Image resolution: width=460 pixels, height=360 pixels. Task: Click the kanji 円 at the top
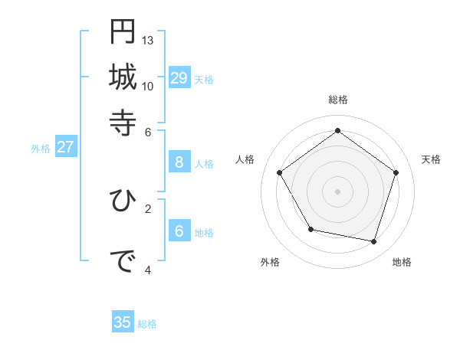point(123,31)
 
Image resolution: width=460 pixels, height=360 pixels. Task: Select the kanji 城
point(123,77)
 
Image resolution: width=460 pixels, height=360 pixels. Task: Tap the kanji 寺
point(123,122)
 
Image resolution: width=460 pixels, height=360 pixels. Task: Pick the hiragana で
point(123,261)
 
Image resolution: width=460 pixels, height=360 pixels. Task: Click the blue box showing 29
point(179,77)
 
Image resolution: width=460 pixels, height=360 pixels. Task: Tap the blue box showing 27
point(65,147)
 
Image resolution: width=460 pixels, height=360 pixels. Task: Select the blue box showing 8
point(179,162)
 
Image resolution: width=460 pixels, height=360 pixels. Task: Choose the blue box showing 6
point(179,231)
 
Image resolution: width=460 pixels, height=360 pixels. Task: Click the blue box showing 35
point(123,322)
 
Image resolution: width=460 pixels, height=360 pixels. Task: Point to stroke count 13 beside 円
point(148,39)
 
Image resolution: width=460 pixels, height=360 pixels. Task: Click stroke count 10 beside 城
point(148,85)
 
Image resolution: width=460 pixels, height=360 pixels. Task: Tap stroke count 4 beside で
point(148,270)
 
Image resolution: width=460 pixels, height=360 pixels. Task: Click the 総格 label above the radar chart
point(338,100)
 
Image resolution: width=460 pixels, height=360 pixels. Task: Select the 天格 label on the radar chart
point(431,159)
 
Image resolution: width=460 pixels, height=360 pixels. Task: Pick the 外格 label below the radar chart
point(270,262)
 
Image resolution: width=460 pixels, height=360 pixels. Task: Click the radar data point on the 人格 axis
point(280,172)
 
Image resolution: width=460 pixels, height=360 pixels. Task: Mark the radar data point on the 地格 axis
point(373,241)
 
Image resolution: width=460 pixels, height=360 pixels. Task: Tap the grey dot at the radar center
point(337,191)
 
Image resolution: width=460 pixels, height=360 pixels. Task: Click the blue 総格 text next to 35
point(147,324)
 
